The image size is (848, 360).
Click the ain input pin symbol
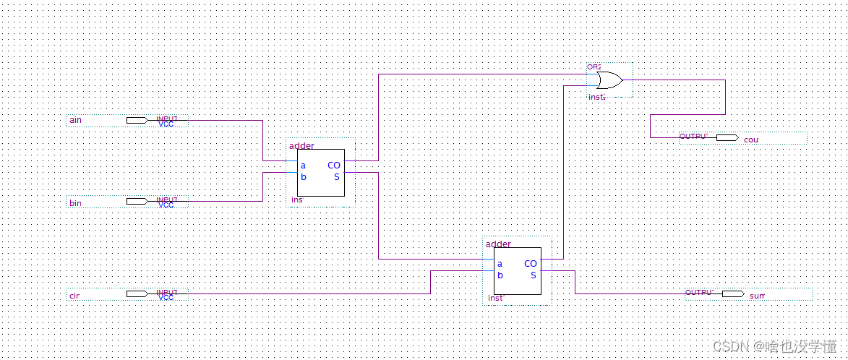(137, 120)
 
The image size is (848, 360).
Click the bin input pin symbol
(137, 201)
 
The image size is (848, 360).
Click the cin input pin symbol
(137, 293)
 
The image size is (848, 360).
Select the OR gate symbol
(608, 80)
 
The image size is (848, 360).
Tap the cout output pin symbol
(727, 137)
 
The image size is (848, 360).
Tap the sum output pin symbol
(733, 293)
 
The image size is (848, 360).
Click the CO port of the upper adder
(333, 166)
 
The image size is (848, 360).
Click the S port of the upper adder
(336, 177)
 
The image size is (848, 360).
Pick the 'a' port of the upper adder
(303, 166)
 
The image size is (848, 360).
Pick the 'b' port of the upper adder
(303, 177)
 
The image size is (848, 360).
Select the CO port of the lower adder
(531, 264)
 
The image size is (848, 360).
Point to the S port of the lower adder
(534, 275)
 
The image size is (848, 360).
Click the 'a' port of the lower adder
(500, 264)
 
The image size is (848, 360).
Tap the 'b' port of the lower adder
(500, 275)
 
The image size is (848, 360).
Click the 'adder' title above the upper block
(301, 146)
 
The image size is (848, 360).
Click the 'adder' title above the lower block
(498, 244)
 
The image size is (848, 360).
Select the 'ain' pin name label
(75, 120)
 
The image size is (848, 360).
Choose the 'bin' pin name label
(75, 203)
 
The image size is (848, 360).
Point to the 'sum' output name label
(757, 296)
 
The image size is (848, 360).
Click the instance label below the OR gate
(596, 96)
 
